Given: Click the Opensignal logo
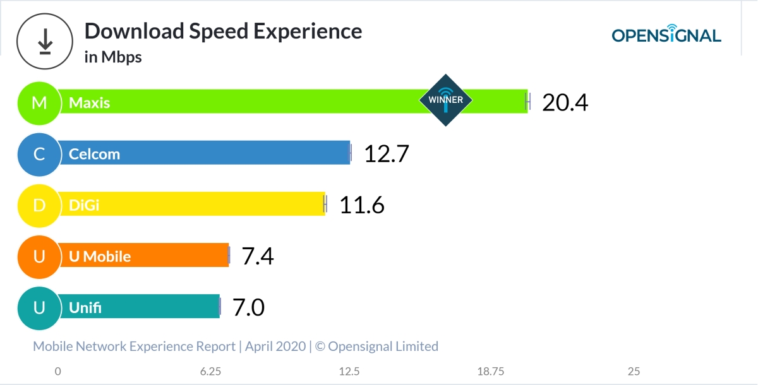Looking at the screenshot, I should point(666,34).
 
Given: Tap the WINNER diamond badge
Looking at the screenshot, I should point(446,100).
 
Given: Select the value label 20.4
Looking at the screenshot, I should point(565,102).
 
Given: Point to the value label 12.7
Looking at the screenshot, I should point(387,153).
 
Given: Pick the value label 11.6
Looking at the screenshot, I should point(362,205).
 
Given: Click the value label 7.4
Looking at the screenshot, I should point(258,256).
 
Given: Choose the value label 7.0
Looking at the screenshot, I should point(248,308).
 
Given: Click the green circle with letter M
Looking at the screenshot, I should point(39,102).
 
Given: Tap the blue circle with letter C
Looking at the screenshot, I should point(39,153).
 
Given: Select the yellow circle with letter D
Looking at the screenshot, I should point(39,205).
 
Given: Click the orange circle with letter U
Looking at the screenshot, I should point(39,256).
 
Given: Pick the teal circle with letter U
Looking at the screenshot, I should point(39,308).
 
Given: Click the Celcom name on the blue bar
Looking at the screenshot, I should point(94,154).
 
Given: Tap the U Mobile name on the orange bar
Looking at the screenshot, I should point(100,257).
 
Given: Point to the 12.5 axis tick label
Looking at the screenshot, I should point(349,371).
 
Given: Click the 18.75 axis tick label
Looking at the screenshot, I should point(491,371).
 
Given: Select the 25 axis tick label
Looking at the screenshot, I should point(634,371).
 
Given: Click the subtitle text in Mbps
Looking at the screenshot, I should point(113,57).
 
